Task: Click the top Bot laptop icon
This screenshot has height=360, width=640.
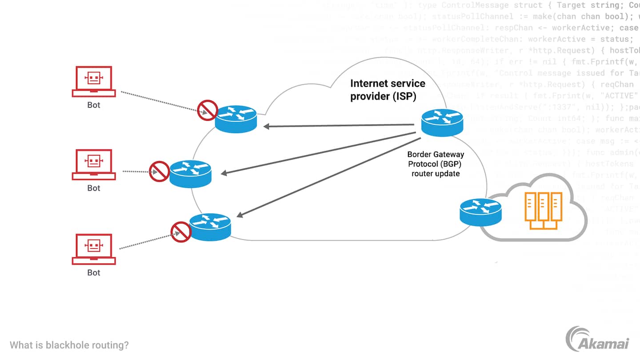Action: pyautogui.click(x=94, y=81)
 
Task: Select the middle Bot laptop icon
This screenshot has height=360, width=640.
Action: pyautogui.click(x=94, y=164)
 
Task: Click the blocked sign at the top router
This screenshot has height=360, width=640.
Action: pyautogui.click(x=208, y=110)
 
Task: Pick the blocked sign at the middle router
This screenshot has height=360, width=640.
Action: pyautogui.click(x=159, y=171)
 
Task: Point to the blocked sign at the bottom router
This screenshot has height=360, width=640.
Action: pyautogui.click(x=181, y=232)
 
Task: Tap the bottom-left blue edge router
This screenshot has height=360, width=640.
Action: pyautogui.click(x=210, y=227)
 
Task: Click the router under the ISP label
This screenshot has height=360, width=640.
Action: pyautogui.click(x=442, y=122)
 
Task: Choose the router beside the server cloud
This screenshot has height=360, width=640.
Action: pyautogui.click(x=480, y=212)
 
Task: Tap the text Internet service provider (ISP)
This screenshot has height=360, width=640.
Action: pyautogui.click(x=388, y=90)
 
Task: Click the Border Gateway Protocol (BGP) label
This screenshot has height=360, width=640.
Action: pyautogui.click(x=436, y=164)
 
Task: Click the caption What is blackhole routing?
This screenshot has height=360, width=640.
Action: pyautogui.click(x=69, y=345)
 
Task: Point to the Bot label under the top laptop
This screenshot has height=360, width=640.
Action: pyautogui.click(x=94, y=105)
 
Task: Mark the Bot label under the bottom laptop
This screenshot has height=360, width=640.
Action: pyautogui.click(x=94, y=273)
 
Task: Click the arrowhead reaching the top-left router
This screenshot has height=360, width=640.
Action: pyautogui.click(x=267, y=127)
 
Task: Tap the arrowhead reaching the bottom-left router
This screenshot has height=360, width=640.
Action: pyautogui.click(x=240, y=215)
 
